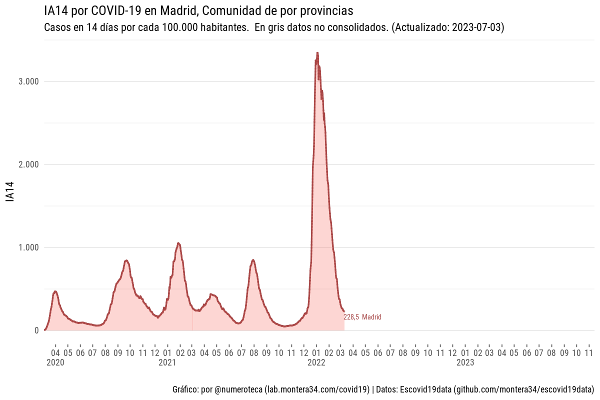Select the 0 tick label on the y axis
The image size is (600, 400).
pyautogui.click(x=36, y=330)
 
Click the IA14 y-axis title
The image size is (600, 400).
pyautogui.click(x=10, y=192)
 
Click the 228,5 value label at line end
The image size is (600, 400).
pyautogui.click(x=351, y=317)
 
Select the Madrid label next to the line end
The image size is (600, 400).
pyautogui.click(x=371, y=317)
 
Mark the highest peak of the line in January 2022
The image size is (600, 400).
pyautogui.click(x=317, y=52)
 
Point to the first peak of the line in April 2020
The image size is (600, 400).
pyautogui.click(x=55, y=291)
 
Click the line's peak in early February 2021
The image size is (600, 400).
pyautogui.click(x=178, y=243)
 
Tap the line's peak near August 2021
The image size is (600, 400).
pyautogui.click(x=253, y=260)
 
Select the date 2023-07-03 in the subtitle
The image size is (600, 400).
pyautogui.click(x=477, y=27)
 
